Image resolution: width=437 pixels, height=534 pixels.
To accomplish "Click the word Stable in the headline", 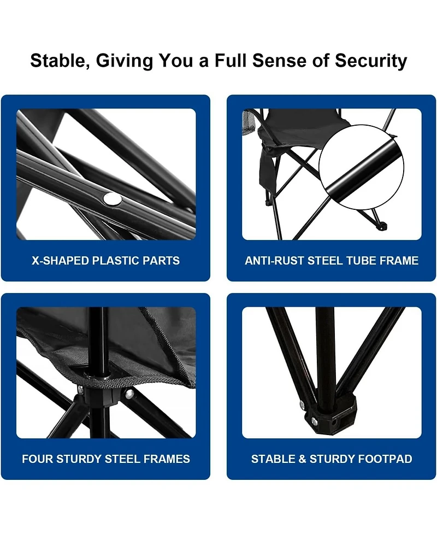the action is coord(60,61).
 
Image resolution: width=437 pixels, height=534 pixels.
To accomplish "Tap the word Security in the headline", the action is coord(371,61).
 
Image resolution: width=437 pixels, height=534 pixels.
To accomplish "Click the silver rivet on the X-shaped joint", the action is coord(111,199).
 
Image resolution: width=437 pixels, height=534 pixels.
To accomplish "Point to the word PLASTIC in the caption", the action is coord(116,261).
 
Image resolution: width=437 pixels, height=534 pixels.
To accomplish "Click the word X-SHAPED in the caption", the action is coord(61,261).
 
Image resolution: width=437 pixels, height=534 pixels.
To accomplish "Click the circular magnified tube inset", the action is coord(361,167).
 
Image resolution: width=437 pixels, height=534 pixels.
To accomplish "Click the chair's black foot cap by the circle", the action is coord(383,226).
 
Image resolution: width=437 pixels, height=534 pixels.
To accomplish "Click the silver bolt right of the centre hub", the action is coord(129,395).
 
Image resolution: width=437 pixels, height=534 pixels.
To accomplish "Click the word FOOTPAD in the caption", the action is coord(386,459).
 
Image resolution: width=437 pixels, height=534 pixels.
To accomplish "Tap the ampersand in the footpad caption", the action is coord(302,459).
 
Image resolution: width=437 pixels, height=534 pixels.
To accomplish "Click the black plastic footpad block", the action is coord(327,415).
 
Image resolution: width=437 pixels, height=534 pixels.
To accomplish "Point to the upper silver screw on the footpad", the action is coord(302,405).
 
